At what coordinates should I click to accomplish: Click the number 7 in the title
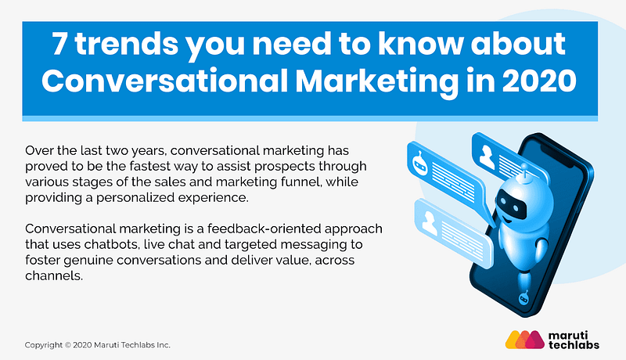[x=59, y=44]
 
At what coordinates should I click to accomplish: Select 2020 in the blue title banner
[x=539, y=81]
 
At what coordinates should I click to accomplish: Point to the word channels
[x=54, y=275]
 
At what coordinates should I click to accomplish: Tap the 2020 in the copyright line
[x=82, y=345]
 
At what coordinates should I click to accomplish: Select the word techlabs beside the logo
[x=574, y=344]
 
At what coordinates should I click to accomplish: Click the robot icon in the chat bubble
[x=419, y=163]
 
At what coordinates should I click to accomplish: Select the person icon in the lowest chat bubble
[x=429, y=223]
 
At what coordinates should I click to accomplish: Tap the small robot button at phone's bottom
[x=523, y=297]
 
